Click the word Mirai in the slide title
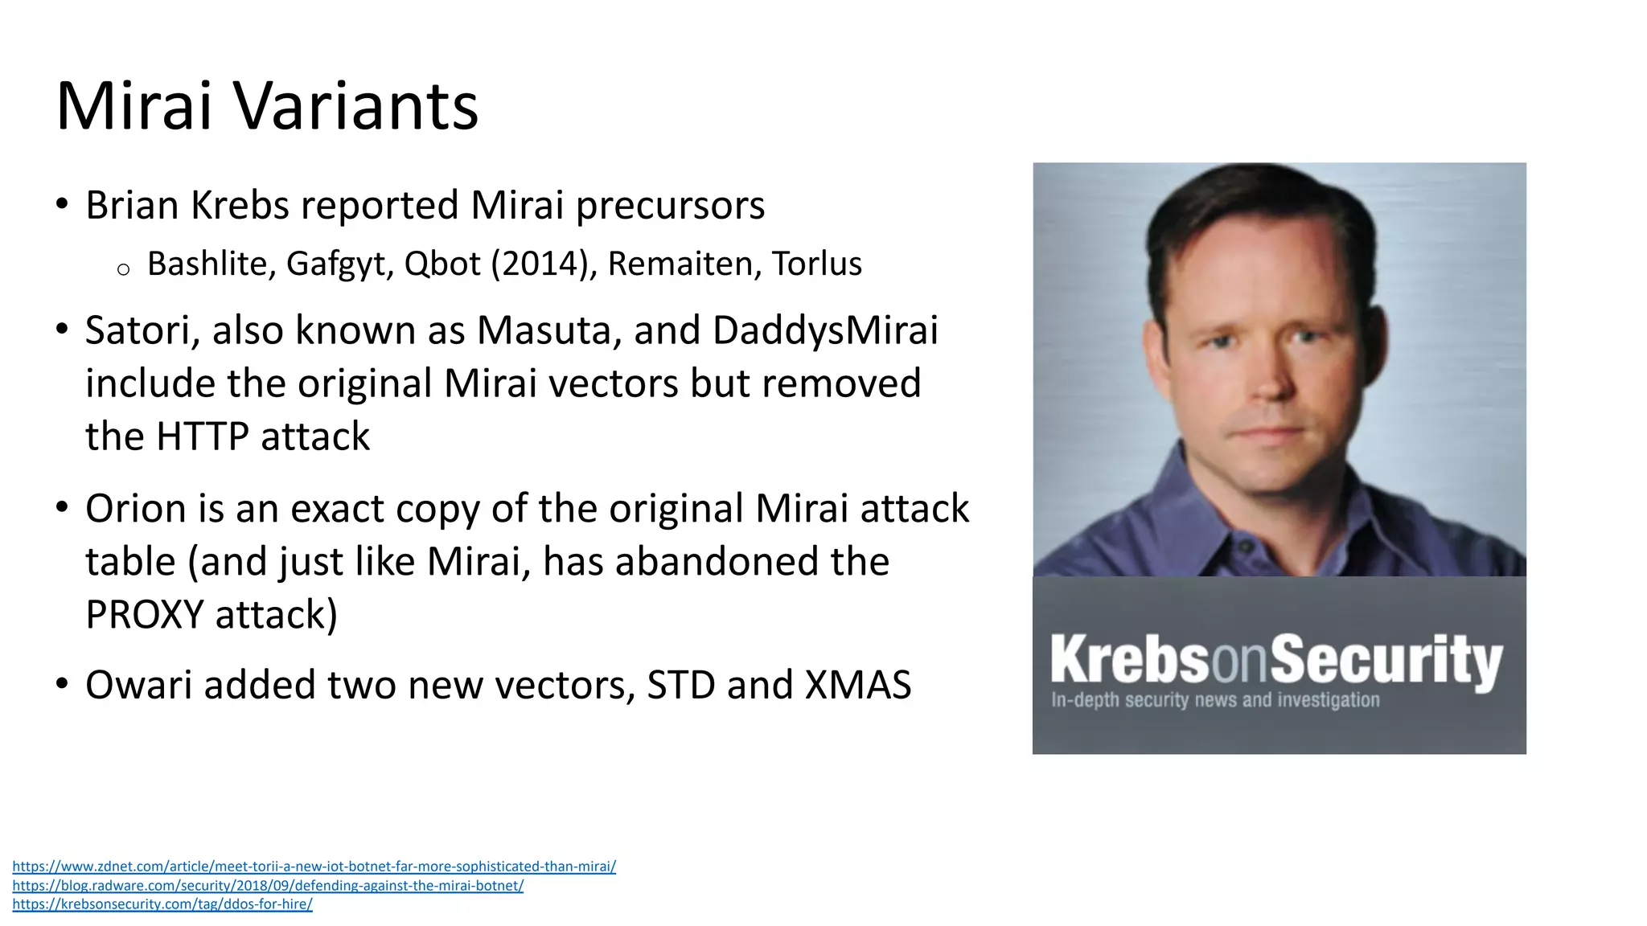click(133, 106)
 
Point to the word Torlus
click(816, 264)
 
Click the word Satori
click(142, 330)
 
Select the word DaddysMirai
click(825, 330)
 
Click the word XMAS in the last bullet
click(858, 685)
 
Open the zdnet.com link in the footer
click(314, 867)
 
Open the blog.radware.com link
click(268, 885)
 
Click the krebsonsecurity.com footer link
click(162, 904)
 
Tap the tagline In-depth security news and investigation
click(1214, 700)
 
